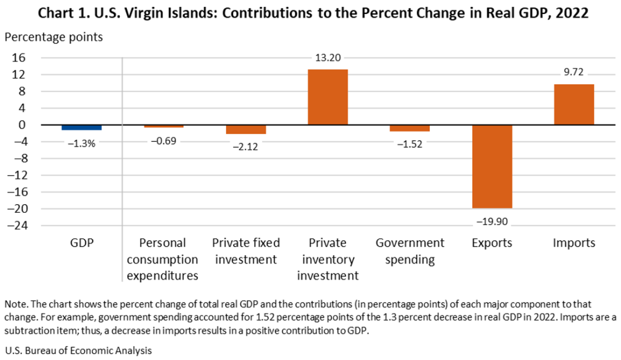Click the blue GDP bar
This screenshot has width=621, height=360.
click(81, 127)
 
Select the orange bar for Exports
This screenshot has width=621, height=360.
click(492, 166)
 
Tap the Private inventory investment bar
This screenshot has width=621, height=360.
click(327, 97)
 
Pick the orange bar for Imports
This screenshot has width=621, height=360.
click(574, 105)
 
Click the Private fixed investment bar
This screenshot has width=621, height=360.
click(246, 129)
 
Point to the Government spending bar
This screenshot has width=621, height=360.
click(410, 128)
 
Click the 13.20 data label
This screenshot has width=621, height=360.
click(327, 58)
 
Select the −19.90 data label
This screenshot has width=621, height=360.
click(491, 221)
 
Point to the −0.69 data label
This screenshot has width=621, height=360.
click(165, 140)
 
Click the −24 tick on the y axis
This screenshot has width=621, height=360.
click(16, 226)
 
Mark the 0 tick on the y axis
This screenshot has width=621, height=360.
click(23, 125)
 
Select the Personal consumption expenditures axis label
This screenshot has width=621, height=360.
click(164, 259)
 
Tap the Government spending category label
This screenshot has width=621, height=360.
click(410, 251)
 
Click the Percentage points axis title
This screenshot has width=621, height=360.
click(54, 37)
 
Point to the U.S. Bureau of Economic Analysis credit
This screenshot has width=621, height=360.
click(77, 351)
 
